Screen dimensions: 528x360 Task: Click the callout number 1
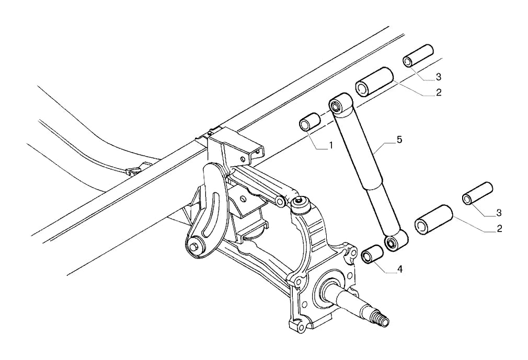point(331,145)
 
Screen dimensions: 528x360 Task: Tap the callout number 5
point(399,140)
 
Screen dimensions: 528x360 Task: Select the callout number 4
point(400,269)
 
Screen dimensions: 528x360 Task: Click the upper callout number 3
point(438,77)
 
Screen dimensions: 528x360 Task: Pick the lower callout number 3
point(499,213)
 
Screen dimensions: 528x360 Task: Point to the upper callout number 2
point(439,92)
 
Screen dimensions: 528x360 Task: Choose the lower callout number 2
point(499,228)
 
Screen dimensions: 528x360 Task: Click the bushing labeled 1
point(309,122)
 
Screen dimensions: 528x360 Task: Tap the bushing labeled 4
point(372,254)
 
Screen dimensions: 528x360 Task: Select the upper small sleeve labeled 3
point(418,55)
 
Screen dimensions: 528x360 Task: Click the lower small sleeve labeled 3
point(478,193)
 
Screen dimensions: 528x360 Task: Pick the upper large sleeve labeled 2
point(374,82)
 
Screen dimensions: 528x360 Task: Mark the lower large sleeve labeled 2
point(434,220)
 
